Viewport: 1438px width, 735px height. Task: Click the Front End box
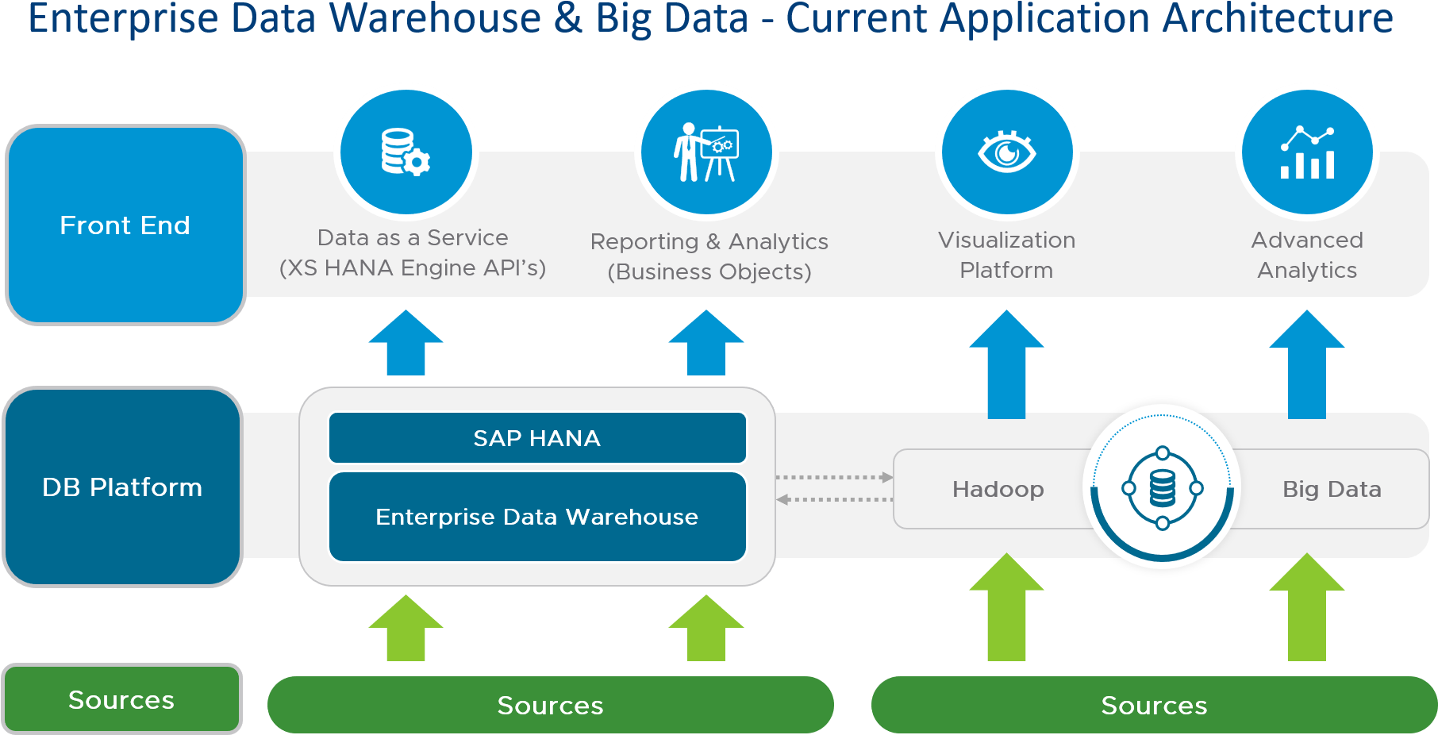pyautogui.click(x=125, y=225)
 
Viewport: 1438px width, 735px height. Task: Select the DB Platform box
pyautogui.click(x=122, y=487)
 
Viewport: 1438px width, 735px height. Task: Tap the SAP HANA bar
pyautogui.click(x=537, y=437)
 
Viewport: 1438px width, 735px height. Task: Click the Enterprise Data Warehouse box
pyautogui.click(x=537, y=517)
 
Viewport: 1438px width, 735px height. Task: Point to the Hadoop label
pyautogui.click(x=998, y=489)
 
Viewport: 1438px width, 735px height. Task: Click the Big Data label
pyautogui.click(x=1332, y=489)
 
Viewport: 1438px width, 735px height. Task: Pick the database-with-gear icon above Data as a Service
pyautogui.click(x=406, y=152)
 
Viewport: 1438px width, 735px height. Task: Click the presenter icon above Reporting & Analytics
pyautogui.click(x=706, y=152)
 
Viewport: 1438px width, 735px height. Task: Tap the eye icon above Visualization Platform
pyautogui.click(x=1006, y=152)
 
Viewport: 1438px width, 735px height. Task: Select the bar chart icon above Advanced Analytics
pyautogui.click(x=1307, y=152)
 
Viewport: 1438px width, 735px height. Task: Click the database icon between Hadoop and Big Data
pyautogui.click(x=1162, y=488)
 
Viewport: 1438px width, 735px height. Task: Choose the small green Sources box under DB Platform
pyautogui.click(x=121, y=699)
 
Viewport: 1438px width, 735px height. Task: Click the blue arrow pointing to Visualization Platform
pyautogui.click(x=1006, y=365)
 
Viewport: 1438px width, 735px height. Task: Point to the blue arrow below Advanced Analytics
pyautogui.click(x=1307, y=365)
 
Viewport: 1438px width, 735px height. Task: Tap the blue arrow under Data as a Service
pyautogui.click(x=406, y=344)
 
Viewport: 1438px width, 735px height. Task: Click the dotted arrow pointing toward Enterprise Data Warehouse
pyautogui.click(x=833, y=499)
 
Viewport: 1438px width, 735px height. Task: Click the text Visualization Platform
pyautogui.click(x=1006, y=255)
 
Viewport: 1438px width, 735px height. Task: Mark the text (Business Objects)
pyautogui.click(x=709, y=271)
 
